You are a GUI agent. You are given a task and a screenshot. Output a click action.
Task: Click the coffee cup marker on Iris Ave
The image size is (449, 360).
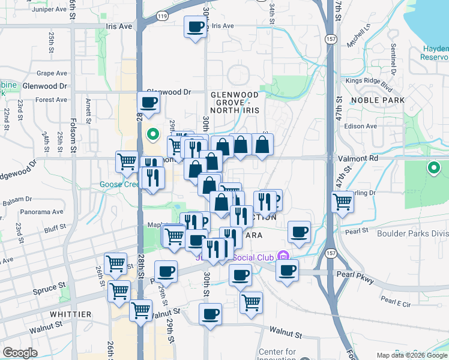[x=196, y=28]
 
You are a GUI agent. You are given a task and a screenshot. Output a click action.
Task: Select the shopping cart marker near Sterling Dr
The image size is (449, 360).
[x=342, y=202]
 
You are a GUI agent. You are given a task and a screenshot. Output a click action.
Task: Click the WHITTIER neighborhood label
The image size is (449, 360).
[x=71, y=314]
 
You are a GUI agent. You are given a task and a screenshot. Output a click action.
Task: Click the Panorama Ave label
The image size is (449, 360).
[x=41, y=212]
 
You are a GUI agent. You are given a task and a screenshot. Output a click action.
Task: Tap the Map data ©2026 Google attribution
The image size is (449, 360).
[x=412, y=355]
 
